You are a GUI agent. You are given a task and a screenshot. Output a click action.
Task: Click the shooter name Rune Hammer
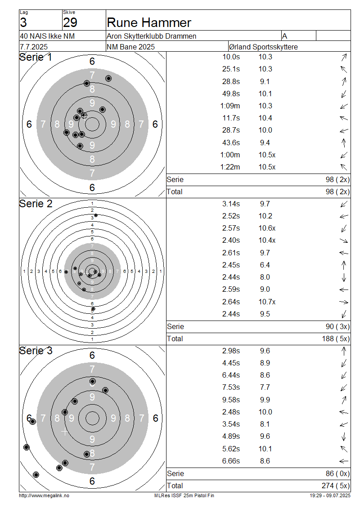[x=149, y=22]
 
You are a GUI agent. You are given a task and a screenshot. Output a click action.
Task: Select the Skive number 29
[x=70, y=22]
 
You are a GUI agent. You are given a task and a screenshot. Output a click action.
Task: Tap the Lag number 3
[x=23, y=22]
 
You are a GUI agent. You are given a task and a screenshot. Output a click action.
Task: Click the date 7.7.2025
[x=34, y=47]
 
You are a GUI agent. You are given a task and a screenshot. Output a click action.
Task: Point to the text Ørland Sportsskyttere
[x=263, y=47]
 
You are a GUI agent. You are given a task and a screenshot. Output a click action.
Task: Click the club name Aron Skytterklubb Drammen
[x=152, y=36]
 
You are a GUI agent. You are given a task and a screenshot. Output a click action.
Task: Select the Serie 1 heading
[x=36, y=58]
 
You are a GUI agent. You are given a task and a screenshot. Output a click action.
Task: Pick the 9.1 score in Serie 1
[x=265, y=82]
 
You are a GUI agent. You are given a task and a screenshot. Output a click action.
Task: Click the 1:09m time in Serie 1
[x=230, y=106]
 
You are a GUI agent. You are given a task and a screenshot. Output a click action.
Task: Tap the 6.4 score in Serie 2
[x=265, y=265]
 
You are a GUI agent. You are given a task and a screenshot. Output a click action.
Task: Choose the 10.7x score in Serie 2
[x=267, y=302]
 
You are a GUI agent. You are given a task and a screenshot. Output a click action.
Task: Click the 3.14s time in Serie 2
[x=231, y=204]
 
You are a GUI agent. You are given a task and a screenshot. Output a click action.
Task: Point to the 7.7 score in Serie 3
[x=265, y=387]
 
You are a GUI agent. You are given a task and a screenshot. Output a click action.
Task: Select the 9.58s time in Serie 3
[x=231, y=400]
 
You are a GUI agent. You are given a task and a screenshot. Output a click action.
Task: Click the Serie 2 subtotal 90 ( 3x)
[x=337, y=326]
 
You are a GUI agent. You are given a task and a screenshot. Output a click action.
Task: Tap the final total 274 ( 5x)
[x=336, y=486]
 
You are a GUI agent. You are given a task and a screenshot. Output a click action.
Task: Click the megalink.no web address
[x=44, y=495]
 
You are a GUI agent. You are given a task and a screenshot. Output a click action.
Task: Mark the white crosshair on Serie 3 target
[x=64, y=432]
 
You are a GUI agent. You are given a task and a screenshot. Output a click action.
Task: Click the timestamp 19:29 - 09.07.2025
[x=330, y=495]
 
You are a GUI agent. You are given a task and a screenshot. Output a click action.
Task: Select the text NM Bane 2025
[x=130, y=47]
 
